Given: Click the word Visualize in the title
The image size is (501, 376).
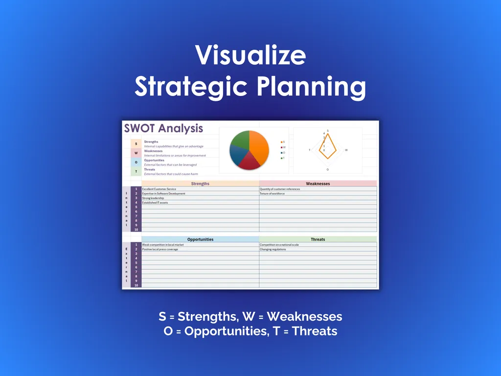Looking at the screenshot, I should (250, 56).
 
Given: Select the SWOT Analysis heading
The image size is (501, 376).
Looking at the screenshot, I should (163, 129).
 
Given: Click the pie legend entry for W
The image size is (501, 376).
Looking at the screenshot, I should (283, 147).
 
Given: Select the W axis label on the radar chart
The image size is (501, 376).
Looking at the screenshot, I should (346, 150).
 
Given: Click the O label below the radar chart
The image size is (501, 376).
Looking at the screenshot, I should (328, 169).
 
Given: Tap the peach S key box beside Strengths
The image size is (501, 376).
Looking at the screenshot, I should (136, 143).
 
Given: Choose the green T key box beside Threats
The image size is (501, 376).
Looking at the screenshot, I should (136, 172).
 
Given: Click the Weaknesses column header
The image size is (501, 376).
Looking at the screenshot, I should (318, 184).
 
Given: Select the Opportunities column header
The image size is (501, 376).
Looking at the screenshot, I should (200, 239).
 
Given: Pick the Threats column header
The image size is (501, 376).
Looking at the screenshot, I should (318, 239).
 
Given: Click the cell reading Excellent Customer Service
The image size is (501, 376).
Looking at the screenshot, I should (159, 189).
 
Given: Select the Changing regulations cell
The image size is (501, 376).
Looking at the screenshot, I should (273, 249).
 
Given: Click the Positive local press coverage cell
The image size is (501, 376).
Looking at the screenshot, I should (160, 249).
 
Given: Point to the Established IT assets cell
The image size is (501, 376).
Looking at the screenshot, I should (155, 203).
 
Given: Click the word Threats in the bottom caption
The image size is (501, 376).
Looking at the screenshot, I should (314, 331).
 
